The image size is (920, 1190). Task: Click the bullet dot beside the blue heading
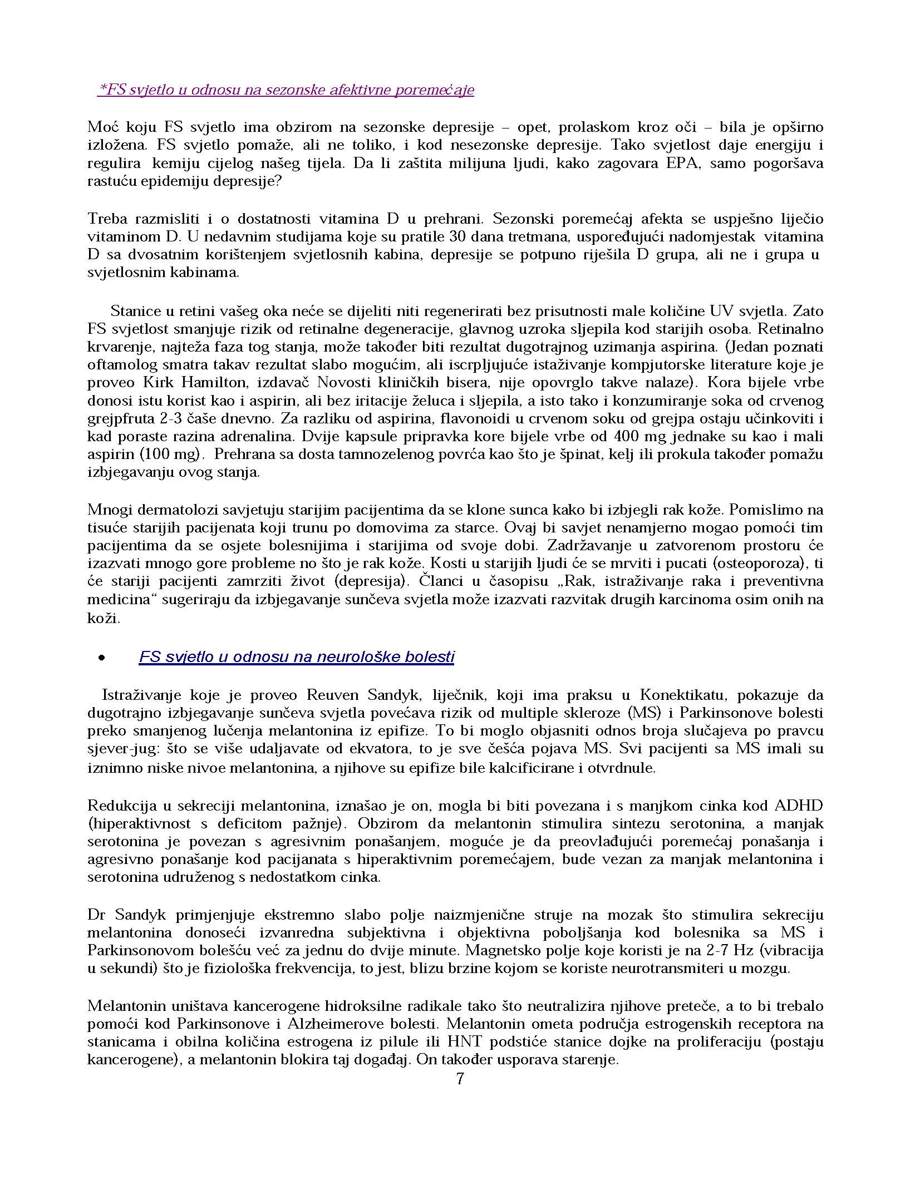point(101,658)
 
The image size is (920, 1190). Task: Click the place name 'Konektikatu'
point(678,695)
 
